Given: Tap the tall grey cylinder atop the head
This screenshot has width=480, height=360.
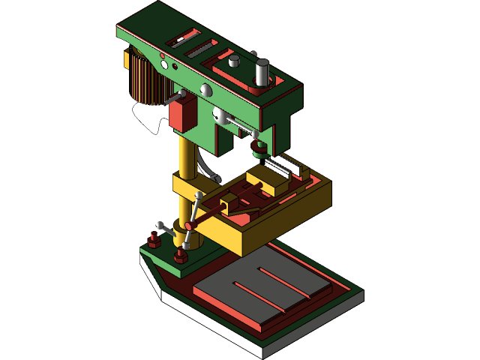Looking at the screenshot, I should pyautogui.click(x=262, y=73).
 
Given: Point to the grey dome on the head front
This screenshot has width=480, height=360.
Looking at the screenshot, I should pyautogui.click(x=207, y=89).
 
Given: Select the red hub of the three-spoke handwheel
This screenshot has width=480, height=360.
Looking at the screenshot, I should pyautogui.click(x=190, y=225).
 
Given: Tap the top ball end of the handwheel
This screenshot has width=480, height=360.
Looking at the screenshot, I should pyautogui.click(x=199, y=196).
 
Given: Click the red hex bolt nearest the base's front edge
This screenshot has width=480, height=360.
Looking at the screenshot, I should pyautogui.click(x=180, y=258).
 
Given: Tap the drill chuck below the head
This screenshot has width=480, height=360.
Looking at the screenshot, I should pyautogui.click(x=259, y=145).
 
